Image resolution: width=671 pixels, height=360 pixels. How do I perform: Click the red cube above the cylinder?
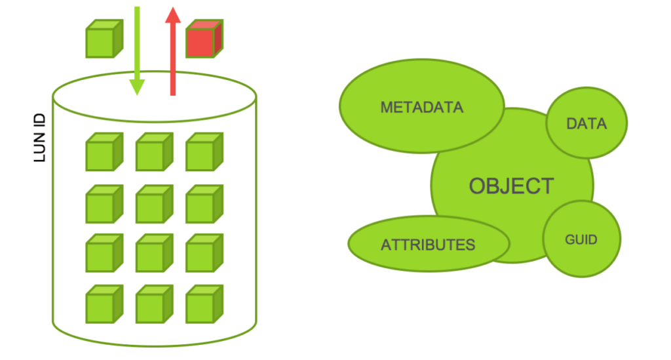tap(204, 39)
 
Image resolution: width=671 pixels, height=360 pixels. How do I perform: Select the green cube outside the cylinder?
tap(104, 39)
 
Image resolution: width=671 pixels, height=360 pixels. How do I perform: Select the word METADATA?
tap(422, 107)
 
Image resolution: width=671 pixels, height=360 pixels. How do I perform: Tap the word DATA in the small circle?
tap(586, 123)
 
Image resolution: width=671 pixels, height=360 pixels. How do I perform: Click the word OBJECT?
tap(511, 186)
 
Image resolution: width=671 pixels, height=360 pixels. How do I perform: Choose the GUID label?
tap(581, 239)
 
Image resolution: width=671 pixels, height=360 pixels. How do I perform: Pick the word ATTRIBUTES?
tap(428, 245)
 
